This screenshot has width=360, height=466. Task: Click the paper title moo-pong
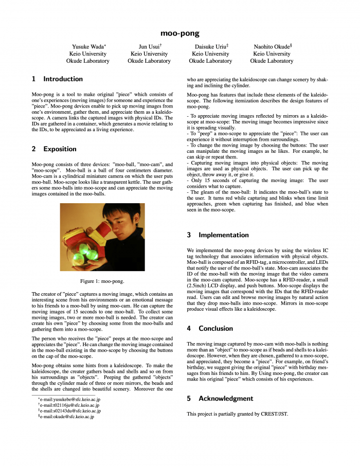179,33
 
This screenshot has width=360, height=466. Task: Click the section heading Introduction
63,79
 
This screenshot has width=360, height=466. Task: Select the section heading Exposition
60,149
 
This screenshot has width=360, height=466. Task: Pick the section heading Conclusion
215,328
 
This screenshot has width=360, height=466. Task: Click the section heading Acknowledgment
226,398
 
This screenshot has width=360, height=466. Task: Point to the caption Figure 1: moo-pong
102,281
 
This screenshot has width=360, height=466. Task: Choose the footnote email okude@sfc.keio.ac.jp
67,417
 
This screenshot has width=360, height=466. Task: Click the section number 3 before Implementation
189,235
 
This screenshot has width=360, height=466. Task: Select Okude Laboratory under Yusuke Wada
87,61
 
